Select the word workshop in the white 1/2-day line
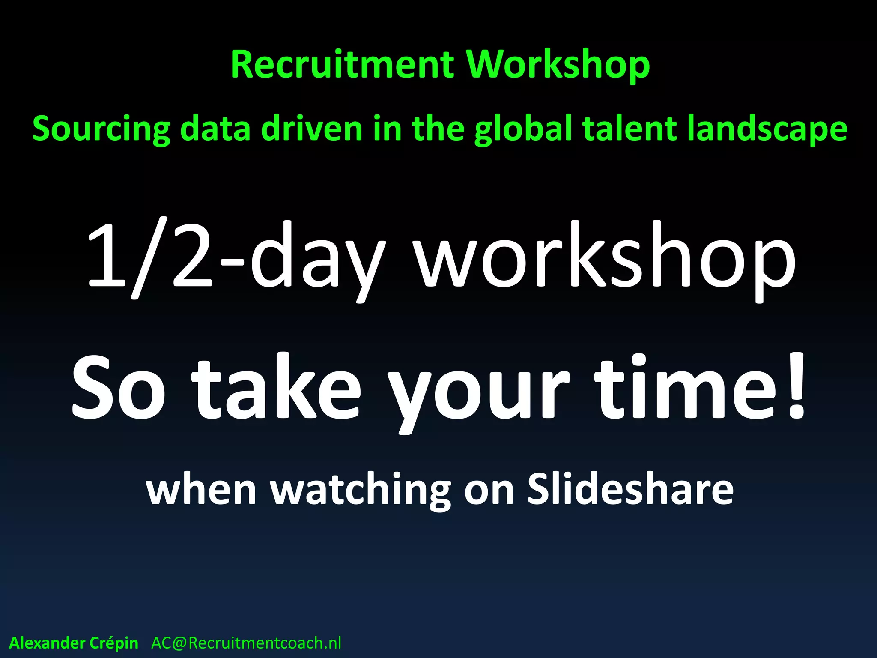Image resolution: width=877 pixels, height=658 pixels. pyautogui.click(x=606, y=261)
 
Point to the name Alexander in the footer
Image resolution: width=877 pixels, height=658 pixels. pyautogui.click(x=47, y=643)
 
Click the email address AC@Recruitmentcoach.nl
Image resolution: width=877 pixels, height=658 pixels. pyautogui.click(x=246, y=643)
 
